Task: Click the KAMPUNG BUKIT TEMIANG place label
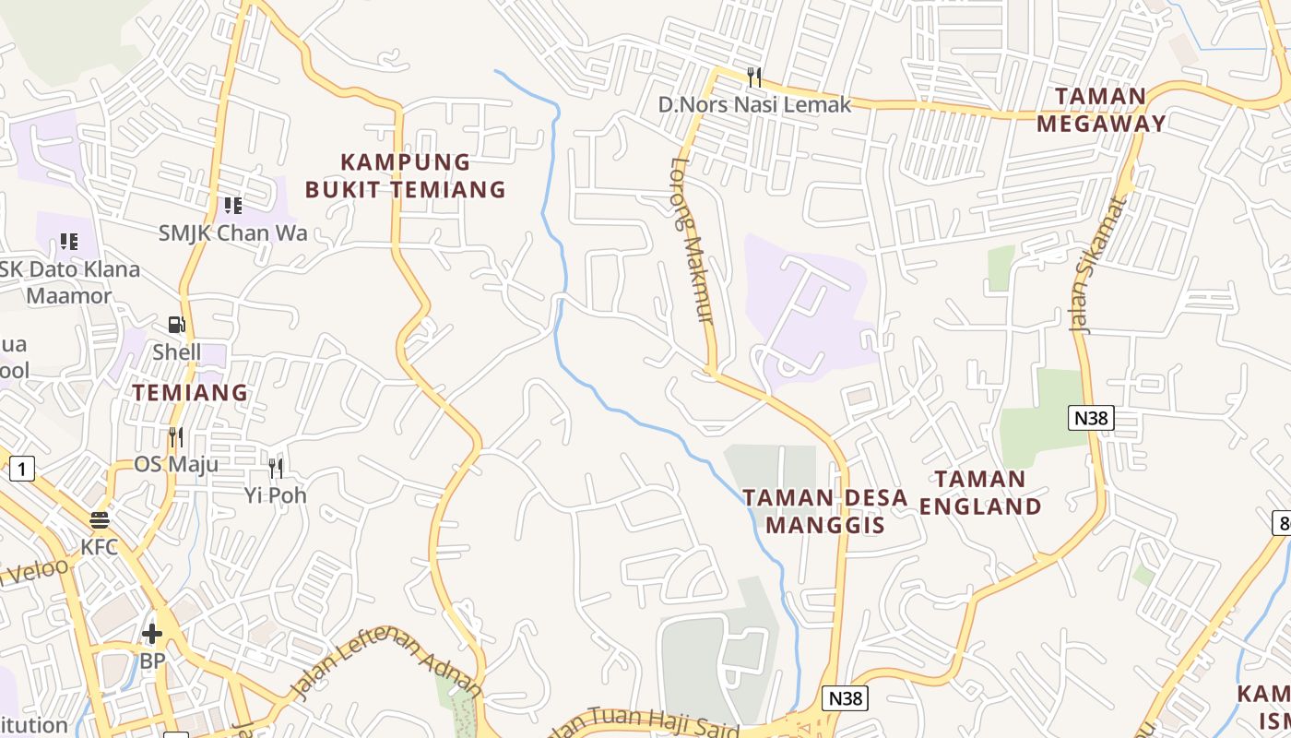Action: (405, 176)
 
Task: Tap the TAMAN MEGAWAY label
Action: (1101, 110)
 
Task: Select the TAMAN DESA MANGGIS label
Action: (825, 511)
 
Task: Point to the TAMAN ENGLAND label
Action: (979, 493)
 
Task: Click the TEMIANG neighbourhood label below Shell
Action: (190, 392)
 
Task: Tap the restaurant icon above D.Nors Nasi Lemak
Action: (754, 77)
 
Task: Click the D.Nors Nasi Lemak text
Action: (754, 104)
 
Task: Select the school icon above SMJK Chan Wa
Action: (232, 205)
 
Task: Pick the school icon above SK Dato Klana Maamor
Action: (69, 242)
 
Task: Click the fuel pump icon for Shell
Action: (176, 325)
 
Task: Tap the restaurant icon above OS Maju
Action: (176, 436)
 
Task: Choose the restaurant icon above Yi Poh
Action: (275, 469)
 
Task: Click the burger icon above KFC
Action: (100, 519)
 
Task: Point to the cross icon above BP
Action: (152, 634)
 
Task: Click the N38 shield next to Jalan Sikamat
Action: (1092, 418)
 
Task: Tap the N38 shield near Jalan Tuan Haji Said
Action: (845, 698)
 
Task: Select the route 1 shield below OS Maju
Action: (22, 469)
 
